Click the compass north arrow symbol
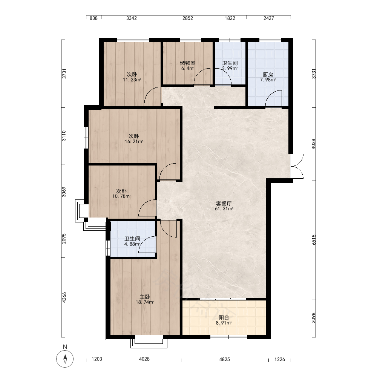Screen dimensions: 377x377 coord(65,359)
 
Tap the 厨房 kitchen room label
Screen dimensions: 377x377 coord(268,75)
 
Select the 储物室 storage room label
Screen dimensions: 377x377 coord(187,63)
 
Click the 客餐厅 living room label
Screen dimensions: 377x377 coord(224,204)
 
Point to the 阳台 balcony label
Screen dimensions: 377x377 coord(224,317)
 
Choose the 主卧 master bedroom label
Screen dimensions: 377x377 coord(145,297)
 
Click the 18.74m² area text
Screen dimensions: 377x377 coord(145,302)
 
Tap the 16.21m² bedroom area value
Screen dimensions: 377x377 coord(134,142)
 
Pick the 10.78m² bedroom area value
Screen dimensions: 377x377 coord(121,196)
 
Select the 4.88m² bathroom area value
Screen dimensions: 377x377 coord(132,244)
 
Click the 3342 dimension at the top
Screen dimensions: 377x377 coord(132,18)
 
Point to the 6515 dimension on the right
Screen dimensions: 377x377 coord(314,240)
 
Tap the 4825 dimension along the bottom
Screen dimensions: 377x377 coord(225,359)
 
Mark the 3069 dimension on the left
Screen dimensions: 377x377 coord(64,192)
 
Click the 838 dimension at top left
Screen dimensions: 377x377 coord(93,18)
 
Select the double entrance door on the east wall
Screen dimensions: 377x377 coord(297,166)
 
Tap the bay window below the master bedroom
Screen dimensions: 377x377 coord(149,342)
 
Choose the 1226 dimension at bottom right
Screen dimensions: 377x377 coord(280,359)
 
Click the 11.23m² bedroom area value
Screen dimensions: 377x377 coord(132,80)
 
